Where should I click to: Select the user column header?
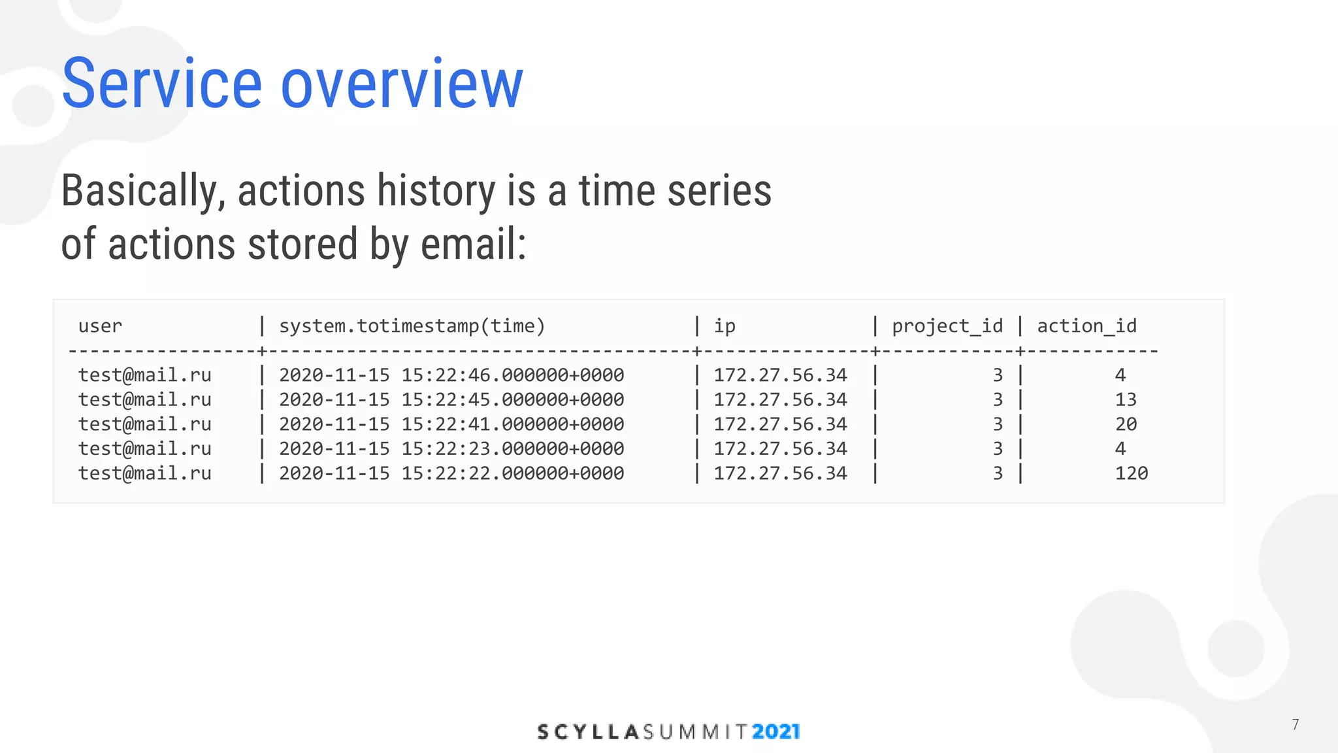(x=100, y=326)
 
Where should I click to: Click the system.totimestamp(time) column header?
(x=412, y=326)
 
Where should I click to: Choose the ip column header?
(x=725, y=326)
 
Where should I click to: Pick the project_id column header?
(x=947, y=326)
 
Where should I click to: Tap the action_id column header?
(x=1086, y=326)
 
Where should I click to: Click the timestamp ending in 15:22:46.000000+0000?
(x=451, y=375)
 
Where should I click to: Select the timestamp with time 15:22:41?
(x=451, y=424)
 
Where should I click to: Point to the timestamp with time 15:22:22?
(x=451, y=473)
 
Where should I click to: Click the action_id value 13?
(x=1126, y=399)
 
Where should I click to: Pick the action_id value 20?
(x=1126, y=424)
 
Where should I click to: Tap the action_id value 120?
(x=1131, y=473)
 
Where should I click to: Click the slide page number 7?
(x=1295, y=724)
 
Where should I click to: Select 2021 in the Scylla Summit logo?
(x=775, y=731)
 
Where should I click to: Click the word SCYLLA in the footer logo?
(x=587, y=731)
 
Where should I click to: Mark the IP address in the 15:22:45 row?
(x=780, y=399)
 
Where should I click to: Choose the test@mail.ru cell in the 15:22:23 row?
(x=144, y=448)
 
